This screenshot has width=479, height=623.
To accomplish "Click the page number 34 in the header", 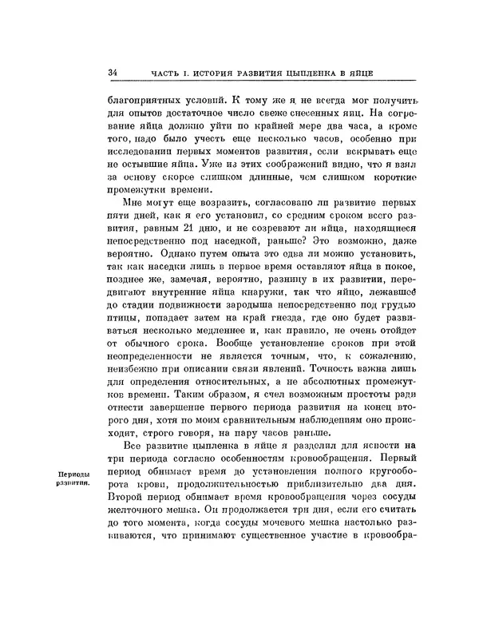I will pyautogui.click(x=113, y=73).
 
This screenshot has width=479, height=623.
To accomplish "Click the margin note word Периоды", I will pyautogui.click(x=73, y=472).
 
